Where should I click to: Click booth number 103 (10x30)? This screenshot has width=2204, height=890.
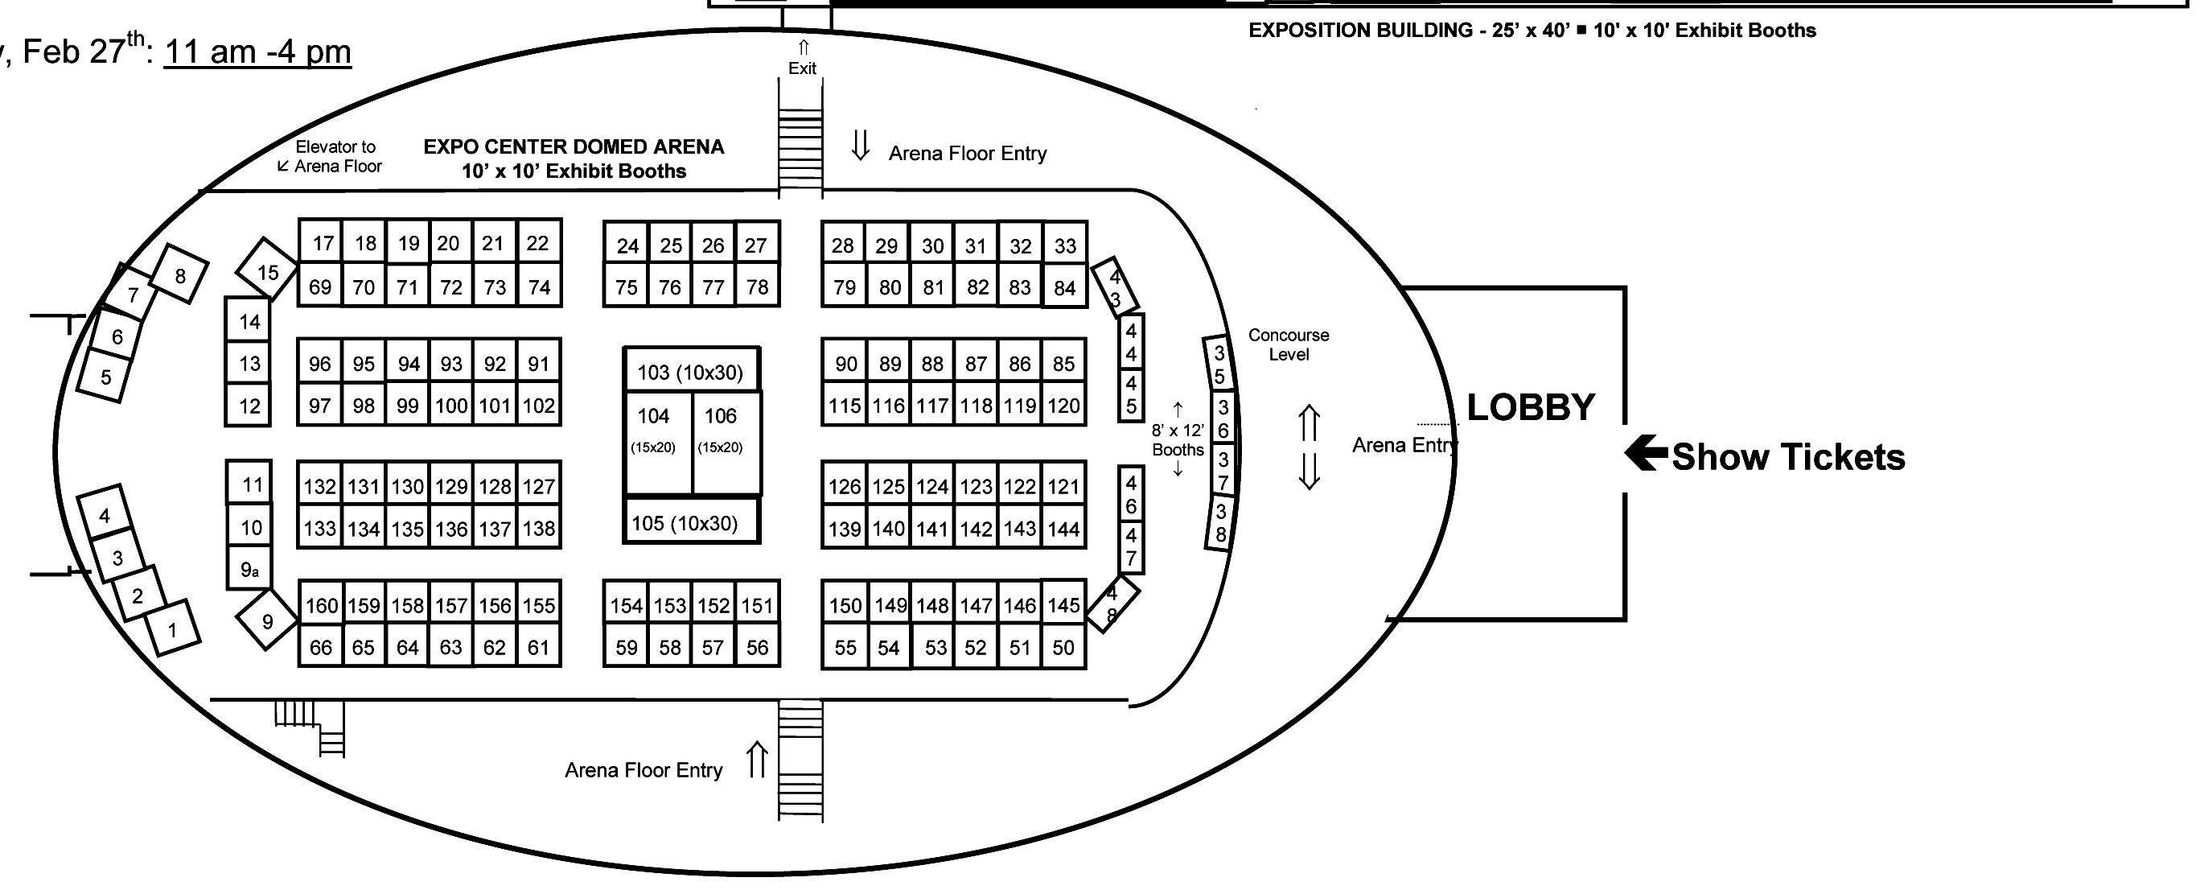(x=690, y=373)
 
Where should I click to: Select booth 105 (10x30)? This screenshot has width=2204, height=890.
(x=685, y=523)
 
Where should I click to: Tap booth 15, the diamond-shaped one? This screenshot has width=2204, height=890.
(x=267, y=271)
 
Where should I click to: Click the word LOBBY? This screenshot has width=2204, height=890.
(x=1531, y=407)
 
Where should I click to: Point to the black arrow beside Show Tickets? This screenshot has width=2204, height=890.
(x=1645, y=455)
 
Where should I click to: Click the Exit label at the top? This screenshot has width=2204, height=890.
(x=802, y=68)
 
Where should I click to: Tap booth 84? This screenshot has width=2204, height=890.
(x=1064, y=288)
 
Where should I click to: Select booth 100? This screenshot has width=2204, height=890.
(x=451, y=406)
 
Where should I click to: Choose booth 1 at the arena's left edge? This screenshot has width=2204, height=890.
(x=173, y=631)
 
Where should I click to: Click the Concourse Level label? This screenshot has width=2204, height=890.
(x=1288, y=344)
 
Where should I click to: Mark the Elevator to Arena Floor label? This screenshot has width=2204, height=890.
(x=332, y=157)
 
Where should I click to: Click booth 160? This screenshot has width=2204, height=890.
(x=322, y=606)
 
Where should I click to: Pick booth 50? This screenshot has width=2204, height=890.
(x=1063, y=648)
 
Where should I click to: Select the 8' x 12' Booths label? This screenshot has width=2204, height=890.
(x=1178, y=440)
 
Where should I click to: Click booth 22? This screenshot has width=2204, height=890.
(x=537, y=243)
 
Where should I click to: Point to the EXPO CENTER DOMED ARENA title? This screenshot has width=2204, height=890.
(x=574, y=147)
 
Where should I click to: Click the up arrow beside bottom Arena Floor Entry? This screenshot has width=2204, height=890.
(x=756, y=760)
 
